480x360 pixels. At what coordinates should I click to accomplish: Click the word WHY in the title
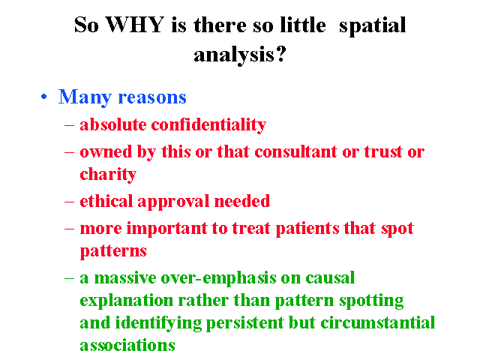[135, 25]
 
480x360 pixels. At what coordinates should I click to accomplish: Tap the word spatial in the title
[372, 26]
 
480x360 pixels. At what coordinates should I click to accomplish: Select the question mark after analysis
[280, 53]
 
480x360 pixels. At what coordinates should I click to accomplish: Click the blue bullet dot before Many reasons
[44, 97]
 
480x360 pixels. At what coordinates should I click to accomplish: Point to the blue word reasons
[152, 98]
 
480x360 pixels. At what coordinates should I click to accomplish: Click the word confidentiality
[208, 125]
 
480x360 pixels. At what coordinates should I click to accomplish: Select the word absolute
[113, 125]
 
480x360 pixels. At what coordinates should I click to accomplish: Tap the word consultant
[295, 151]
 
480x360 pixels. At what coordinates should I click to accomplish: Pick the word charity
[108, 175]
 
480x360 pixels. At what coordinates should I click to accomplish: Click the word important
[167, 229]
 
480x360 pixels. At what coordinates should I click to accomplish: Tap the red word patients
[307, 229]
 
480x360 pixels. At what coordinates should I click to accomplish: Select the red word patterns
[113, 252]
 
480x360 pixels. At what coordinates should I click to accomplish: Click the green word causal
[330, 278]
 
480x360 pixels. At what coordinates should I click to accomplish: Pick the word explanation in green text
[127, 301]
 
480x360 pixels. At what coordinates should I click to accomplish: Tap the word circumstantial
[378, 322]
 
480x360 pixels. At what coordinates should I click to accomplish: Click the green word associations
[127, 345]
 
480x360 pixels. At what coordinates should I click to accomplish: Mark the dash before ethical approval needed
[69, 202]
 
